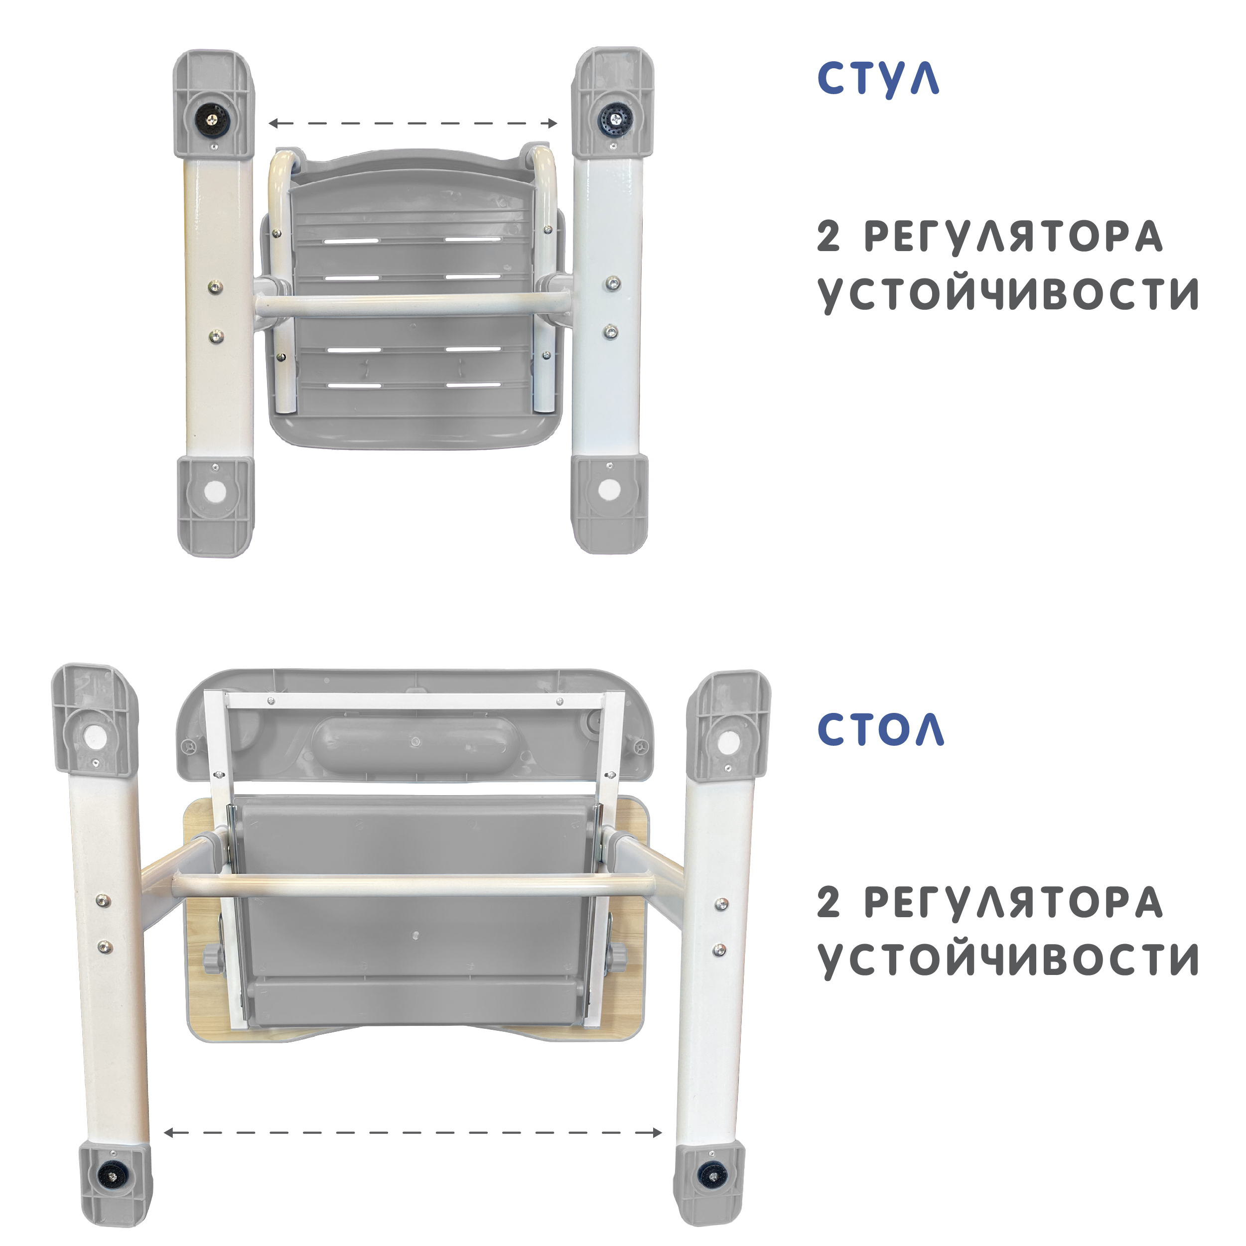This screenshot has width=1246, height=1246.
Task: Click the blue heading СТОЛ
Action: (880, 730)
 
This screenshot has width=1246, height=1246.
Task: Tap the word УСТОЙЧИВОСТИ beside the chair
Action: (1008, 295)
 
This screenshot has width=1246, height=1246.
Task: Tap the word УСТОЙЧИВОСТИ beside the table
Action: (1008, 960)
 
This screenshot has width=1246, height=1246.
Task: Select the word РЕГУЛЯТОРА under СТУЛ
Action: (1013, 237)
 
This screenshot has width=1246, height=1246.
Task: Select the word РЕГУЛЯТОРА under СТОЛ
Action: (1013, 902)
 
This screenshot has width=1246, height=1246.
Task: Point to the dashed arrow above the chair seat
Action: (413, 123)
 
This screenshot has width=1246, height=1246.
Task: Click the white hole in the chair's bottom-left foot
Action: (215, 493)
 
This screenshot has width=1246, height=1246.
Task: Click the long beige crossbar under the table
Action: (413, 885)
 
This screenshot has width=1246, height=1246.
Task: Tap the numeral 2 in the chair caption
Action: (829, 237)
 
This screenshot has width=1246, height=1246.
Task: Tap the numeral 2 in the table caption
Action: (829, 902)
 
